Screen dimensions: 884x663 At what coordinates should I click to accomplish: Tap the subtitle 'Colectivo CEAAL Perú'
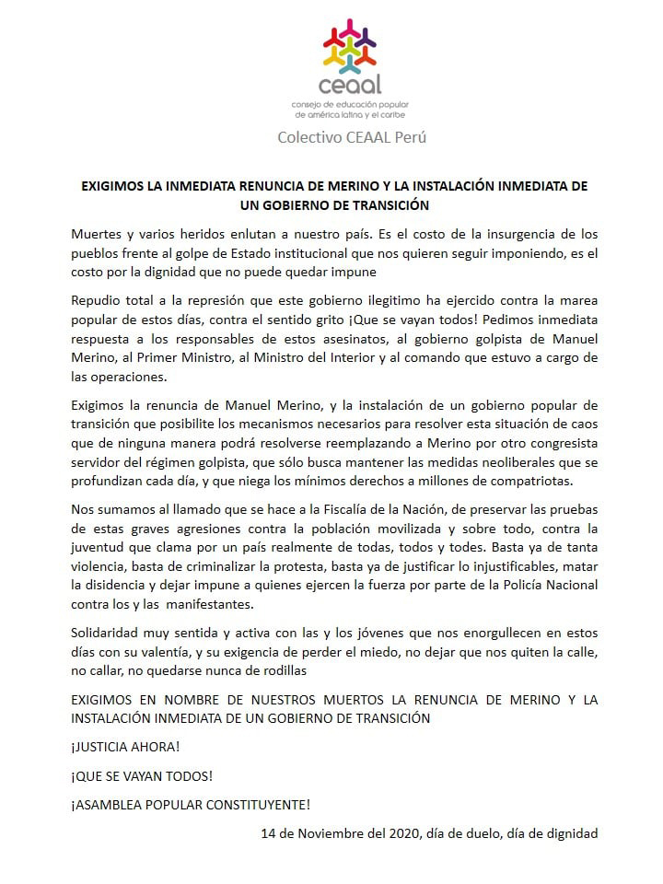pyautogui.click(x=352, y=137)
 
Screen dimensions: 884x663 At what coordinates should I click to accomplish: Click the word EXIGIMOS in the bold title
pyautogui.click(x=115, y=185)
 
